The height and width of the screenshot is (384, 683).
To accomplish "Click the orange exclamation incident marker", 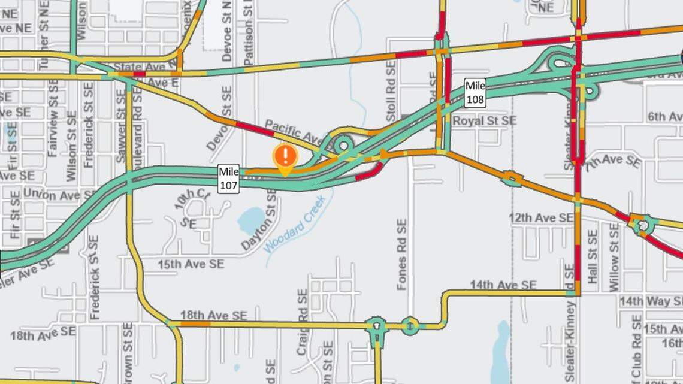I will [x=286, y=157].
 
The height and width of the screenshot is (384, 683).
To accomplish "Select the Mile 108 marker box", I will [x=475, y=92].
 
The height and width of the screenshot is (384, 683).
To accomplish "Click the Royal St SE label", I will [x=484, y=121].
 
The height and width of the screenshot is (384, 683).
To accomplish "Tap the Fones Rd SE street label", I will [x=402, y=254].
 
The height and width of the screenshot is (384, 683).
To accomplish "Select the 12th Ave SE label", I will [x=541, y=218].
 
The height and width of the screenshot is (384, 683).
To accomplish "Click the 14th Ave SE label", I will [x=503, y=285].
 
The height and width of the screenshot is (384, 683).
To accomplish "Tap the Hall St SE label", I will [x=593, y=256].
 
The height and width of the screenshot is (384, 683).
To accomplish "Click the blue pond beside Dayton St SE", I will [x=251, y=220].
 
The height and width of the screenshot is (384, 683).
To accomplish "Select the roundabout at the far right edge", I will [x=643, y=225].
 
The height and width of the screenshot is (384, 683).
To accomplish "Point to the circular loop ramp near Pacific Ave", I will [x=343, y=145].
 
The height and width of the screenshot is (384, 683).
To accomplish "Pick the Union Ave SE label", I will [x=58, y=195].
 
